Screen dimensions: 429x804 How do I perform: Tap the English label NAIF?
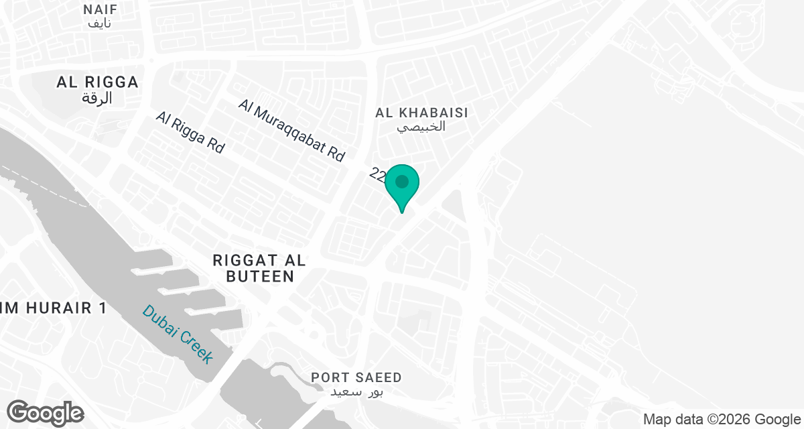click(100, 9)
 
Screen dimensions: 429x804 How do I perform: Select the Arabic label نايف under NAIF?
click(100, 23)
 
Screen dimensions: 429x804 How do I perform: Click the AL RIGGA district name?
click(98, 82)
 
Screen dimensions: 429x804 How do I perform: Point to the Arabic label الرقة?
click(98, 99)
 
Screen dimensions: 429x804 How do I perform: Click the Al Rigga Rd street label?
click(190, 132)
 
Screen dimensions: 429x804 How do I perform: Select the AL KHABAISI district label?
click(422, 113)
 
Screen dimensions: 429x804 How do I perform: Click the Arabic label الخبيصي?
click(422, 127)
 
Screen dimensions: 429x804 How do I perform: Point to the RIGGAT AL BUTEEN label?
click(253, 267)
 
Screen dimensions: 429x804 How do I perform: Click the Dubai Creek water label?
click(178, 334)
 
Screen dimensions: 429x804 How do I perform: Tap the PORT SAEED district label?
click(356, 378)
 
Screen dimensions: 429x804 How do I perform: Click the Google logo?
click(45, 412)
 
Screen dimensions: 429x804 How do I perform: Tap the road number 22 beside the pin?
click(378, 176)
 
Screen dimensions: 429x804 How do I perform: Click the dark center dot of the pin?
click(402, 182)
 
